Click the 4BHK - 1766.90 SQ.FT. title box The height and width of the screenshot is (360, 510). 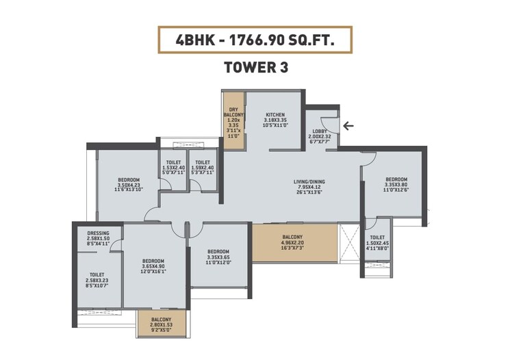point(255,40)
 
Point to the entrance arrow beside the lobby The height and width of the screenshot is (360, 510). point(348,125)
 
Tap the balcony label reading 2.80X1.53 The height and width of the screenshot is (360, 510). point(162,324)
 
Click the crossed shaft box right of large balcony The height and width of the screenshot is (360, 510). point(349,242)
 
